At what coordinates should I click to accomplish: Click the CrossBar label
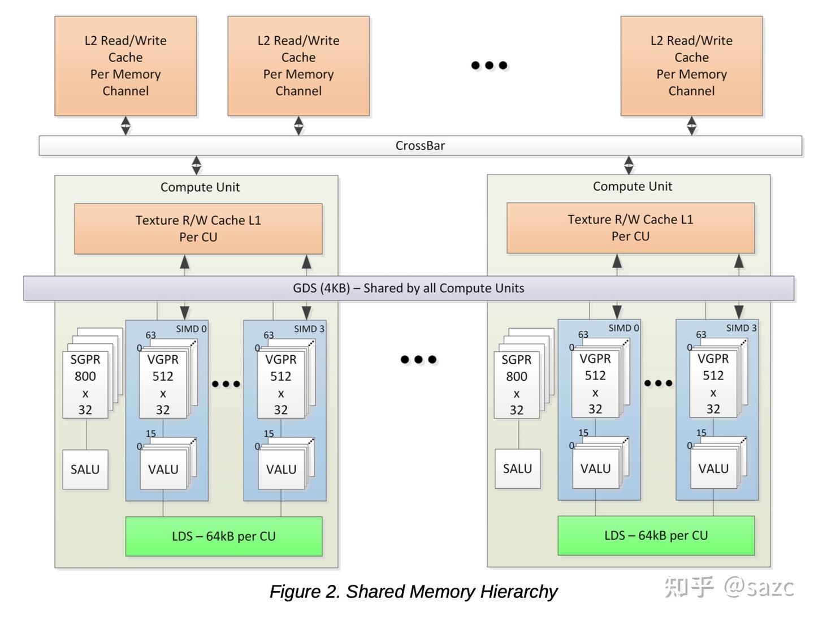[x=420, y=145]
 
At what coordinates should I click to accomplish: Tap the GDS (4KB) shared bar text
[x=408, y=288]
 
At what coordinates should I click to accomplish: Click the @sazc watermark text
[x=759, y=587]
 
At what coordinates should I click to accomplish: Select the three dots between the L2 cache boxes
[x=489, y=65]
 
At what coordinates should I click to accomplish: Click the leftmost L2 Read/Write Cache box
[x=125, y=66]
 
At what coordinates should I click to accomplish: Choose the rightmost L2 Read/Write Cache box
[x=691, y=66]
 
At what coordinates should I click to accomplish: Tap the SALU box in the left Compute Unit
[x=85, y=469]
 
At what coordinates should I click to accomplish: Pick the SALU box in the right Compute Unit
[x=517, y=468]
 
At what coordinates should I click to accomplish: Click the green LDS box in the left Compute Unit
[x=224, y=536]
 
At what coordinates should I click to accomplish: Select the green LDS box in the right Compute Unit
[x=656, y=535]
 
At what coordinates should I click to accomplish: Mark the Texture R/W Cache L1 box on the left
[x=198, y=229]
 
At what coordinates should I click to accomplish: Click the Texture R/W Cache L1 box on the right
[x=630, y=227]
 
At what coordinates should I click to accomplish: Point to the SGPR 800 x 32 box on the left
[x=85, y=385]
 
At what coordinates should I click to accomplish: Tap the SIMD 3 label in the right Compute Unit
[x=741, y=328]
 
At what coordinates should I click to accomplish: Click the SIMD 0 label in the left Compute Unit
[x=191, y=329]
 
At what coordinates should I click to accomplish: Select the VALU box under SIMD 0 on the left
[x=163, y=469]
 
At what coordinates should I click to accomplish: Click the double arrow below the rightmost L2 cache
[x=691, y=126]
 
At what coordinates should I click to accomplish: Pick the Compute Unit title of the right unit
[x=632, y=186]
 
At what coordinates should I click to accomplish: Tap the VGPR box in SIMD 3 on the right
[x=713, y=384]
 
